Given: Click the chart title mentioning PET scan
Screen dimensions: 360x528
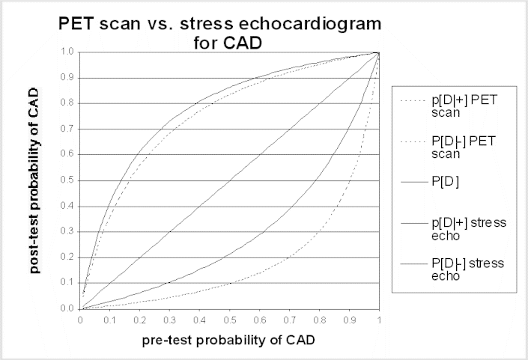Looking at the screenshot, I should point(220,32).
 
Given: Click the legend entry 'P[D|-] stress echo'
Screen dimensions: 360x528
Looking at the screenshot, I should point(450,269).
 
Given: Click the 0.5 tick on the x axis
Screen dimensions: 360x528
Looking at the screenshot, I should point(230,319).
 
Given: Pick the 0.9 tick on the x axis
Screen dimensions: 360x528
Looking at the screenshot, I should point(350,319).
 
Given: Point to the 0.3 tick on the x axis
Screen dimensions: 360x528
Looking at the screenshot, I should point(170,319).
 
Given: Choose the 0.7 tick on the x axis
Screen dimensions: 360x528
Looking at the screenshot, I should point(290,319).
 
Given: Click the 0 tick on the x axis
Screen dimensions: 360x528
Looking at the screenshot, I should point(81,319).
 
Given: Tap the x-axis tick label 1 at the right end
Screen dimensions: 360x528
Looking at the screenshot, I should point(380,319).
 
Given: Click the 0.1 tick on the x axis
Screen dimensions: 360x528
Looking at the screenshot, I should point(110,319).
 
